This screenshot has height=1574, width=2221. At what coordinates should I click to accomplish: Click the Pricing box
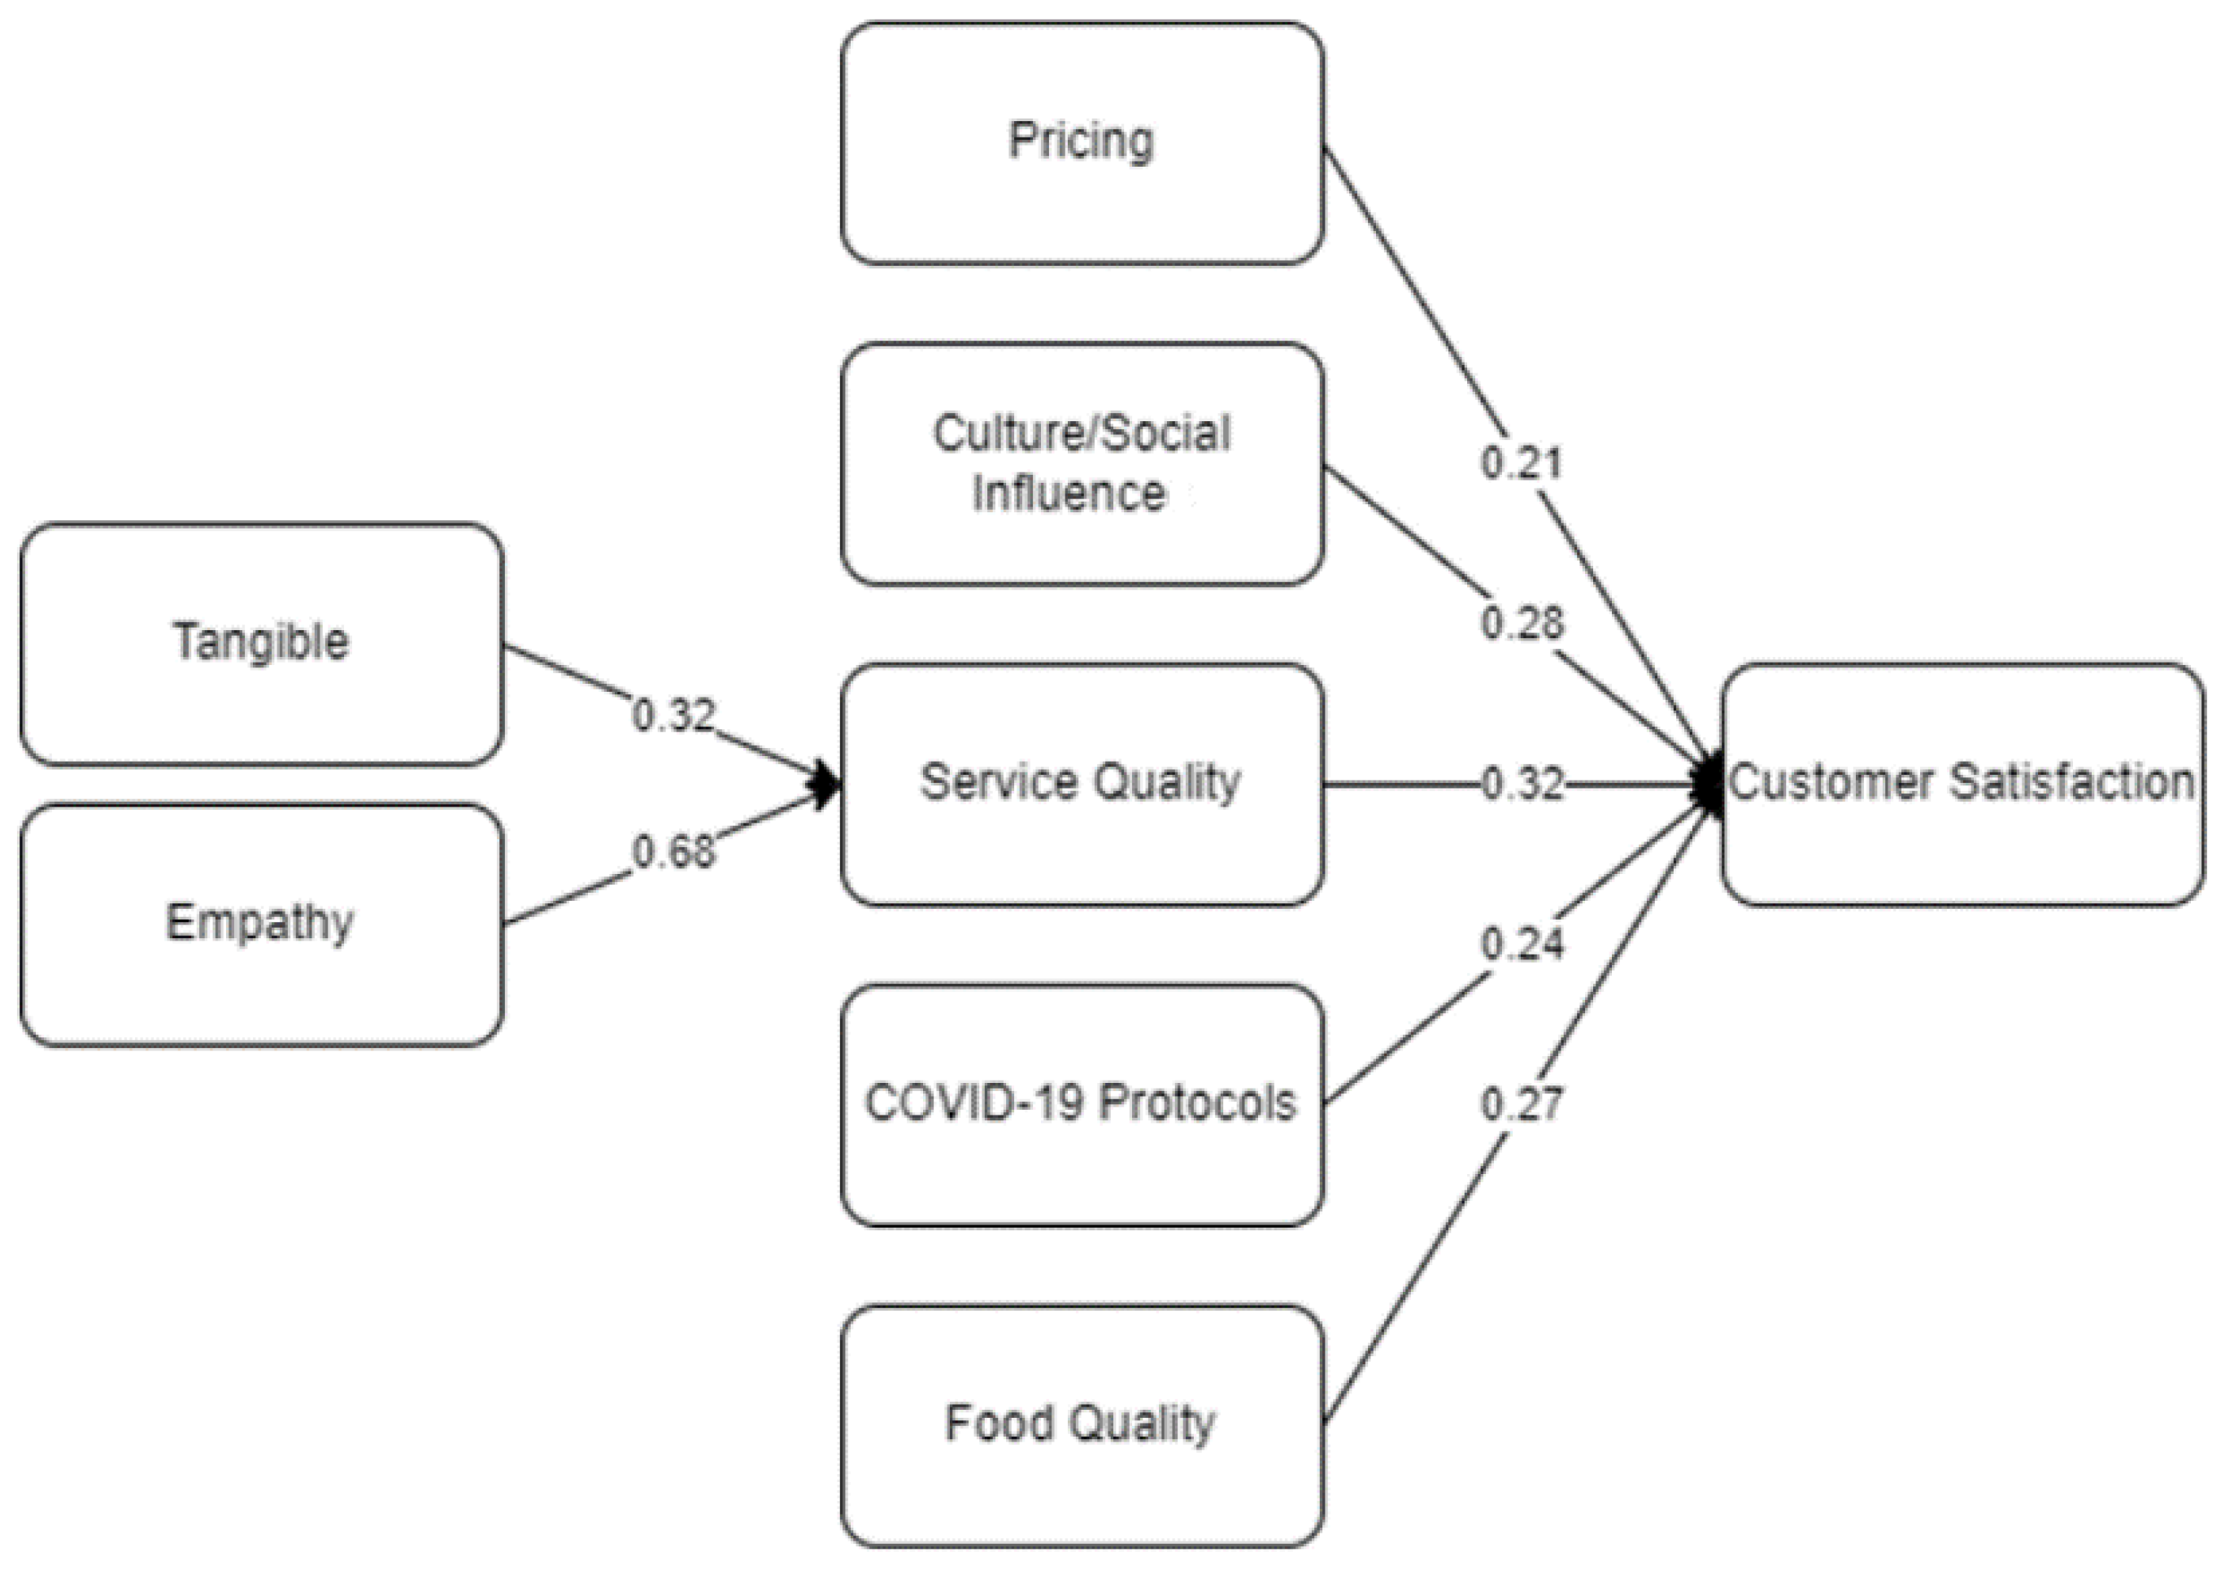tap(1081, 143)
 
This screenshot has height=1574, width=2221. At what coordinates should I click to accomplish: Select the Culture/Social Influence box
tap(1081, 463)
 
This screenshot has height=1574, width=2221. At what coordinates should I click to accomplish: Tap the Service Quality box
tap(1081, 783)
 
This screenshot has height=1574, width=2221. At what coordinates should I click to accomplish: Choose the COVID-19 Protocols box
tap(1081, 1105)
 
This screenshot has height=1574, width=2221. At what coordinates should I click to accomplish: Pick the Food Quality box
tap(1081, 1424)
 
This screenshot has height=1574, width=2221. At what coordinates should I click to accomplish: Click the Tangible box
tap(261, 644)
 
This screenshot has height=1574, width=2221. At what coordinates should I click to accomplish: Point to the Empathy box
tap(261, 924)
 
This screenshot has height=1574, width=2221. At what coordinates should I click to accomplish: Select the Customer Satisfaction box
tap(1962, 783)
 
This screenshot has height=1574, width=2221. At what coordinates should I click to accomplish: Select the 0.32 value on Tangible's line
tap(673, 716)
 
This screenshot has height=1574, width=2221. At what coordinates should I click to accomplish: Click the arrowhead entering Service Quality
tap(827, 783)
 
